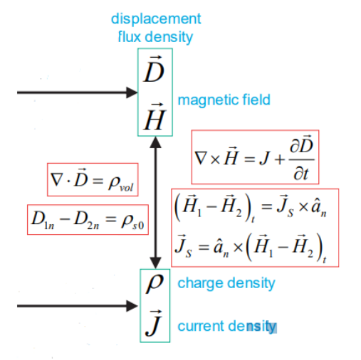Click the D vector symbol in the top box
[155, 72]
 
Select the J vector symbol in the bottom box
[155, 324]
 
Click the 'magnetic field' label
[224, 100]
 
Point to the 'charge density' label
[226, 283]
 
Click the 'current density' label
[226, 327]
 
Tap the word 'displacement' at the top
[159, 19]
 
